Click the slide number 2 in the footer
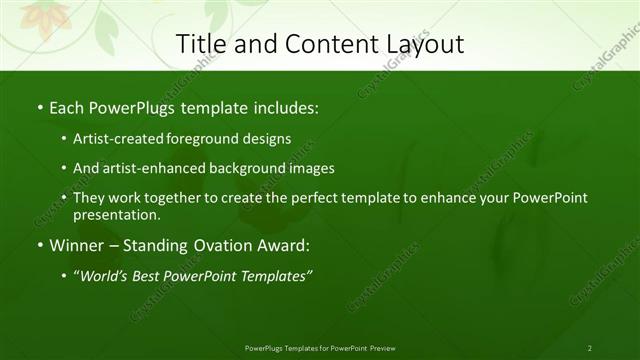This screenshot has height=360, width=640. (590, 348)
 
